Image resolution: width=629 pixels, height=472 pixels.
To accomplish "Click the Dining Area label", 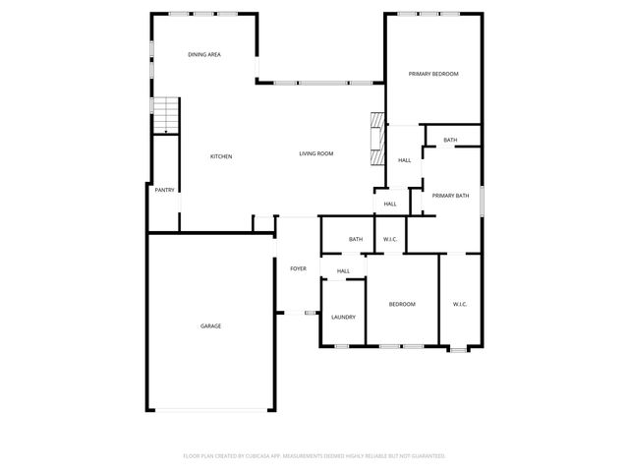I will (204, 54).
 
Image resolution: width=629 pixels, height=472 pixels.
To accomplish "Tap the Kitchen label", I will (221, 156).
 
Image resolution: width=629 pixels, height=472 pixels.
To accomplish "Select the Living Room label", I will (316, 153).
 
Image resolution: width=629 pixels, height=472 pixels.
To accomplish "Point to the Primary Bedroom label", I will (433, 74).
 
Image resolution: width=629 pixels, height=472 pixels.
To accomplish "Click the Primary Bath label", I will (450, 196).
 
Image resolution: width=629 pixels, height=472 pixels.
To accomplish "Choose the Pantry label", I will (164, 190).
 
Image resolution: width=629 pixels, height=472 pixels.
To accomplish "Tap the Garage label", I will (210, 325).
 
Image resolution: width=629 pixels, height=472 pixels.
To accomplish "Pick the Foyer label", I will (298, 267).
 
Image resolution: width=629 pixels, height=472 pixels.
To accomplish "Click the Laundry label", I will (343, 317).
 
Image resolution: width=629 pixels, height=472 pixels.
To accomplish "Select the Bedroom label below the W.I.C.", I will (402, 304).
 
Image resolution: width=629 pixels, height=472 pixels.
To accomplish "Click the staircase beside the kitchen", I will (166, 115).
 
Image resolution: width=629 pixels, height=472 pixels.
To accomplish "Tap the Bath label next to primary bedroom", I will (450, 140).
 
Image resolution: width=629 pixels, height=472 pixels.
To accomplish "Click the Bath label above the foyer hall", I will (356, 239).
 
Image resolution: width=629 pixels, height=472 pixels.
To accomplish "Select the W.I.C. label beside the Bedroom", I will (460, 304).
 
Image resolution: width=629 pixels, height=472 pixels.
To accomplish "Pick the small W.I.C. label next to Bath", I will (389, 239).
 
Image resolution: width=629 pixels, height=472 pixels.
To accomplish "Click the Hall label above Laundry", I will (343, 271).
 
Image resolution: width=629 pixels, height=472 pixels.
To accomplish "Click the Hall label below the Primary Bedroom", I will (404, 160).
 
